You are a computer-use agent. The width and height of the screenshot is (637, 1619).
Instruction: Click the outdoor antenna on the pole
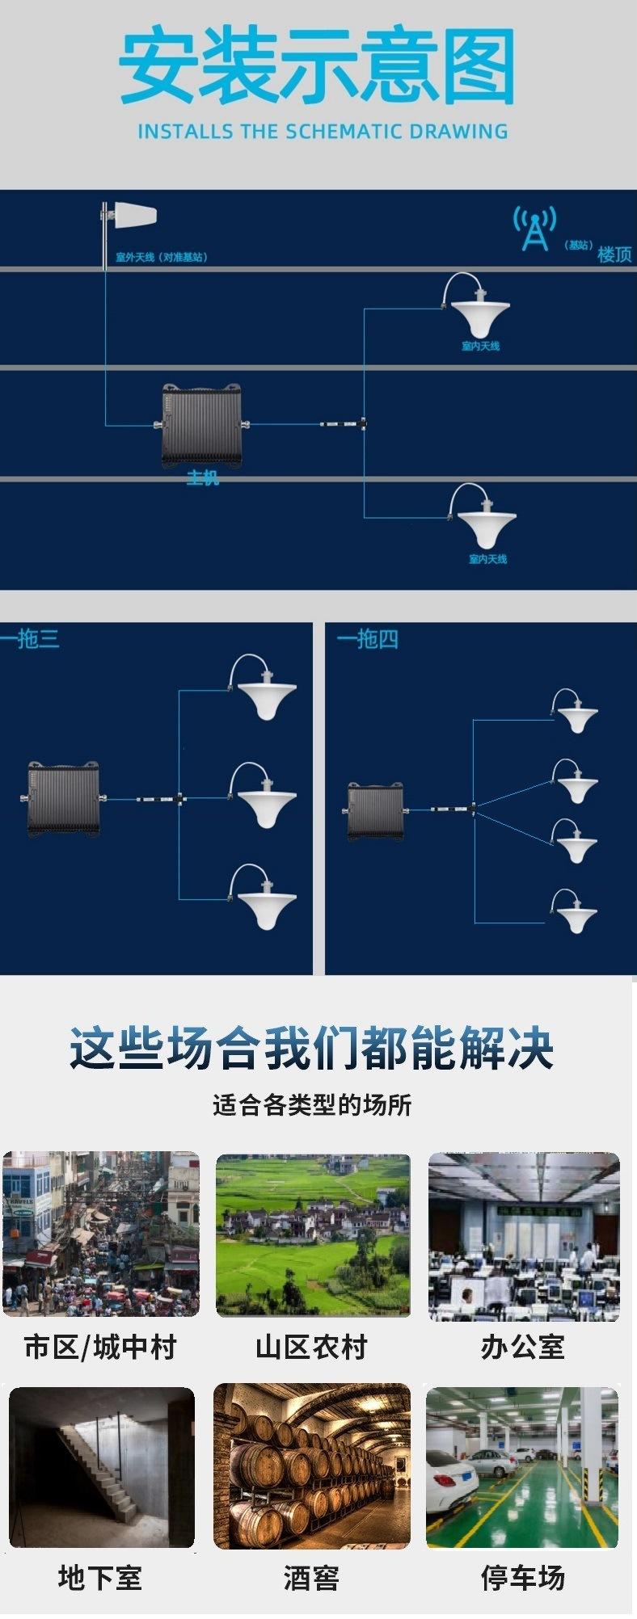point(134,216)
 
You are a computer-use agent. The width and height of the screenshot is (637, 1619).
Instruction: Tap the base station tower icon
point(534,229)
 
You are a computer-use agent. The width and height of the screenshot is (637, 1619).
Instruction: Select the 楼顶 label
point(614,254)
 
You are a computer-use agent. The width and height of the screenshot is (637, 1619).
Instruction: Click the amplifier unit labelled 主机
point(201,425)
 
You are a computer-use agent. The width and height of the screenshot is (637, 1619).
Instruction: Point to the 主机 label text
point(202,478)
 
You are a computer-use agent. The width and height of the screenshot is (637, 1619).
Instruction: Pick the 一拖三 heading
point(30,639)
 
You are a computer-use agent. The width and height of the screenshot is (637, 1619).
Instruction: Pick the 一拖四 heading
point(368,639)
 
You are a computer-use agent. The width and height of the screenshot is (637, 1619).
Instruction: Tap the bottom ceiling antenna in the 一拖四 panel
point(576,916)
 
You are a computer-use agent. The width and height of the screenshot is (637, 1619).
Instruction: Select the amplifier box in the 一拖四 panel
point(374,810)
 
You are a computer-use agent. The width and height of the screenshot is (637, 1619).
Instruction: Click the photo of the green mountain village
point(313,1234)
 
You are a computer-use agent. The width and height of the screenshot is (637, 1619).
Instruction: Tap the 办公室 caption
point(522,1347)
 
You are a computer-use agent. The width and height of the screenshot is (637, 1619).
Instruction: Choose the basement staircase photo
point(101,1467)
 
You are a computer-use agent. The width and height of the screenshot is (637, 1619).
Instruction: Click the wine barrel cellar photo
point(312,1467)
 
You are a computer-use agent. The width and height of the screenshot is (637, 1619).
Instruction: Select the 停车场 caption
point(522,1577)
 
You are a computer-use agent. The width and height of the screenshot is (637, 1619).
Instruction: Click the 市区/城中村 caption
point(100,1347)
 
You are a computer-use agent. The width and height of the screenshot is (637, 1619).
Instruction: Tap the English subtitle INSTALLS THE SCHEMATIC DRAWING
point(322,132)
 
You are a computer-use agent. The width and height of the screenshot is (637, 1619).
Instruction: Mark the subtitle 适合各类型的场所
point(312,1104)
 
